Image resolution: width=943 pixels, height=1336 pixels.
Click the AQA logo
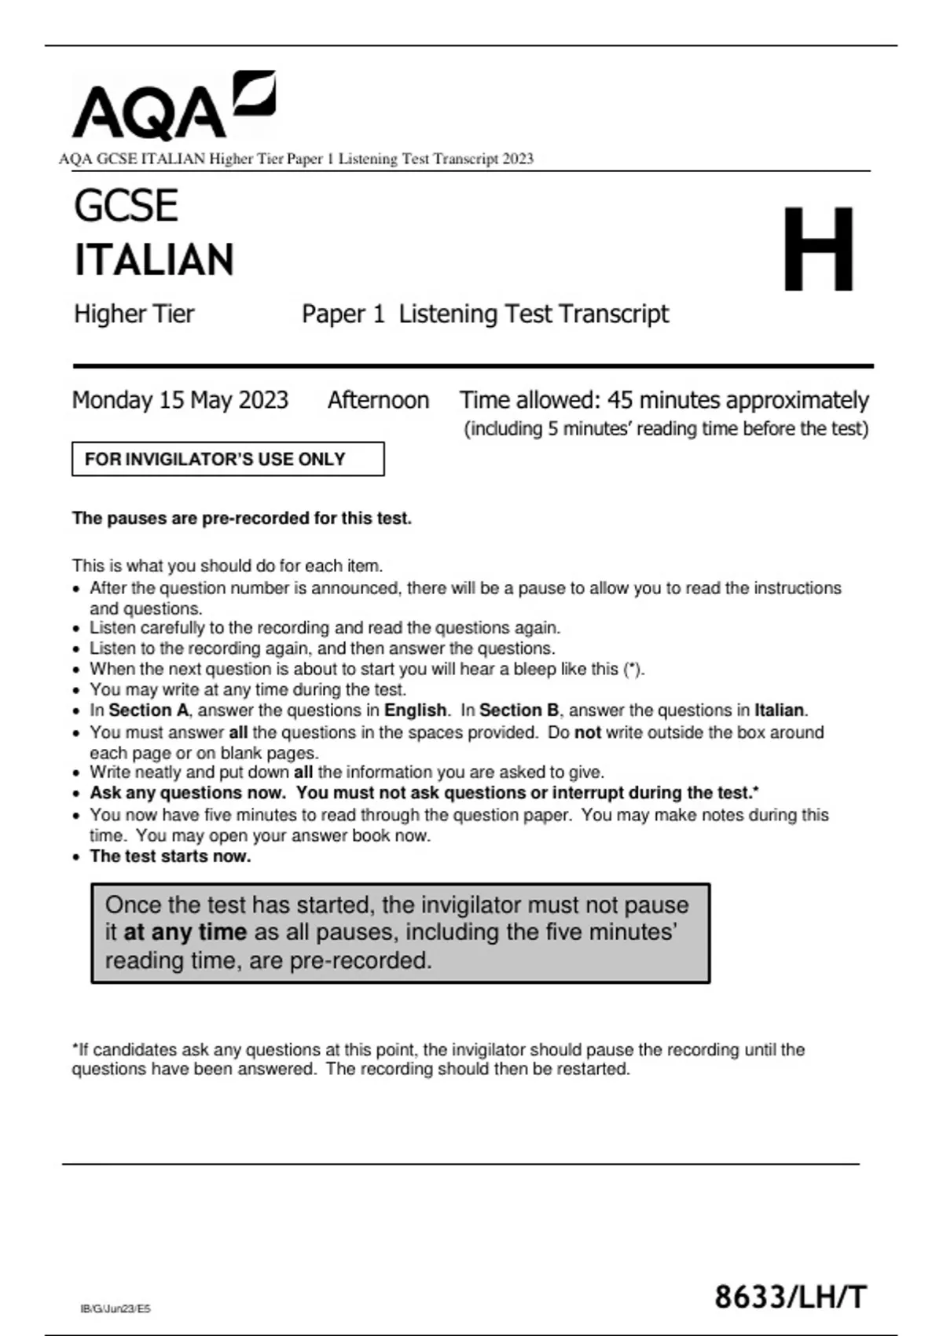tap(173, 106)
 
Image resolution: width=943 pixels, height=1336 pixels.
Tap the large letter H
tap(818, 249)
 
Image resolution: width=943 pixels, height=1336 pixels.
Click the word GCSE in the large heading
tap(126, 206)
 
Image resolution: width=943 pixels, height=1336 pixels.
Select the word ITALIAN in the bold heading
tap(154, 260)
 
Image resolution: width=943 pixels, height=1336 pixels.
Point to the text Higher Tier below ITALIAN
tap(134, 314)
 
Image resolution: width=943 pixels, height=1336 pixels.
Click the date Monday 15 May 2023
tap(180, 400)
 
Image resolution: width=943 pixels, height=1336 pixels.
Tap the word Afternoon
tap(378, 400)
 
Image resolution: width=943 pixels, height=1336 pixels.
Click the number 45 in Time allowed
tap(620, 400)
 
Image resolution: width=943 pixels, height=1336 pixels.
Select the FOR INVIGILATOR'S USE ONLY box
tap(228, 459)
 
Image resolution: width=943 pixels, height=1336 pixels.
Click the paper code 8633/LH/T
tap(791, 1297)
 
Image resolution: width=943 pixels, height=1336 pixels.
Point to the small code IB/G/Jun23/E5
tap(116, 1308)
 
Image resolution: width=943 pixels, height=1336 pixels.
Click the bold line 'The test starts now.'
tap(171, 857)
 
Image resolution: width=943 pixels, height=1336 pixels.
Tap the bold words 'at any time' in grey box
tap(185, 932)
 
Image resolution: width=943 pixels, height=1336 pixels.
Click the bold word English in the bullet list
tap(415, 710)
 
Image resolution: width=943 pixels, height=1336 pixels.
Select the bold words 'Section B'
tap(519, 710)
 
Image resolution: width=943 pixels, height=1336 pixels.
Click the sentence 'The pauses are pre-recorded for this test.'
tap(242, 519)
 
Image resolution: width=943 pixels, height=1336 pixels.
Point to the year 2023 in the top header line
tap(518, 159)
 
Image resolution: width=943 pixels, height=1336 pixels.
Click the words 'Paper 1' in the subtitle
tap(343, 314)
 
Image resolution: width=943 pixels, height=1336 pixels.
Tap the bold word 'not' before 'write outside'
tap(588, 732)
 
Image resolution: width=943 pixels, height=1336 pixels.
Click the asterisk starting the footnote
tap(75, 1048)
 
